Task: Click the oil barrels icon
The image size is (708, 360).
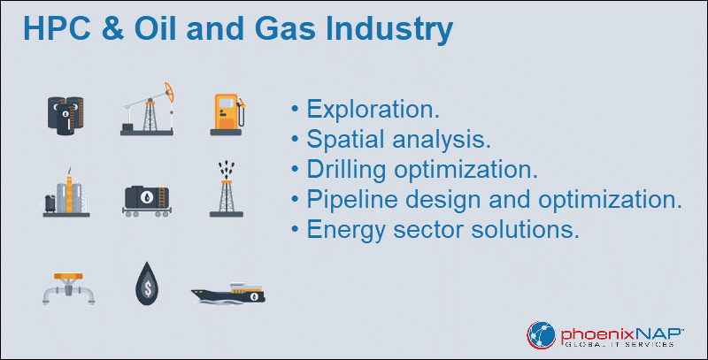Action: pyautogui.click(x=65, y=116)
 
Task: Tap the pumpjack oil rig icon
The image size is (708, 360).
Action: pyautogui.click(x=147, y=109)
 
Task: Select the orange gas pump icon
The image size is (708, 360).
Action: pyautogui.click(x=228, y=115)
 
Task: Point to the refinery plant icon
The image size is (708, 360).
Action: pyautogui.click(x=66, y=193)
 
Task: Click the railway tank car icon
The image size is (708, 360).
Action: pyautogui.click(x=147, y=201)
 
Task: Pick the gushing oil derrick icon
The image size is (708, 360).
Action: pyautogui.click(x=227, y=189)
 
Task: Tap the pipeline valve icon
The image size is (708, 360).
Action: pyautogui.click(x=69, y=288)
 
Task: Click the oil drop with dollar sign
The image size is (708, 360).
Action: pyautogui.click(x=147, y=284)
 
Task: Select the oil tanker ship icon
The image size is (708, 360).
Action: pyautogui.click(x=228, y=294)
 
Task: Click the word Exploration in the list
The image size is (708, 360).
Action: pyautogui.click(x=373, y=109)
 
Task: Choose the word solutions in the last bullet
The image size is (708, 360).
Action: pyautogui.click(x=525, y=229)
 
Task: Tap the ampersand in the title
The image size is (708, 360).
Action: pyautogui.click(x=112, y=28)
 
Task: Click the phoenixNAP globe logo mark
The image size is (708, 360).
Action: pyautogui.click(x=541, y=335)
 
